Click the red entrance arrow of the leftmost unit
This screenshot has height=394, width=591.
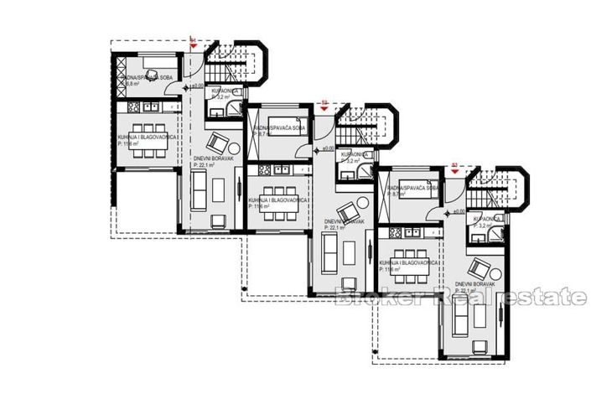click(x=194, y=43)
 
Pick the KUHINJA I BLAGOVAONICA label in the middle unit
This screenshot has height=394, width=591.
click(x=275, y=200)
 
